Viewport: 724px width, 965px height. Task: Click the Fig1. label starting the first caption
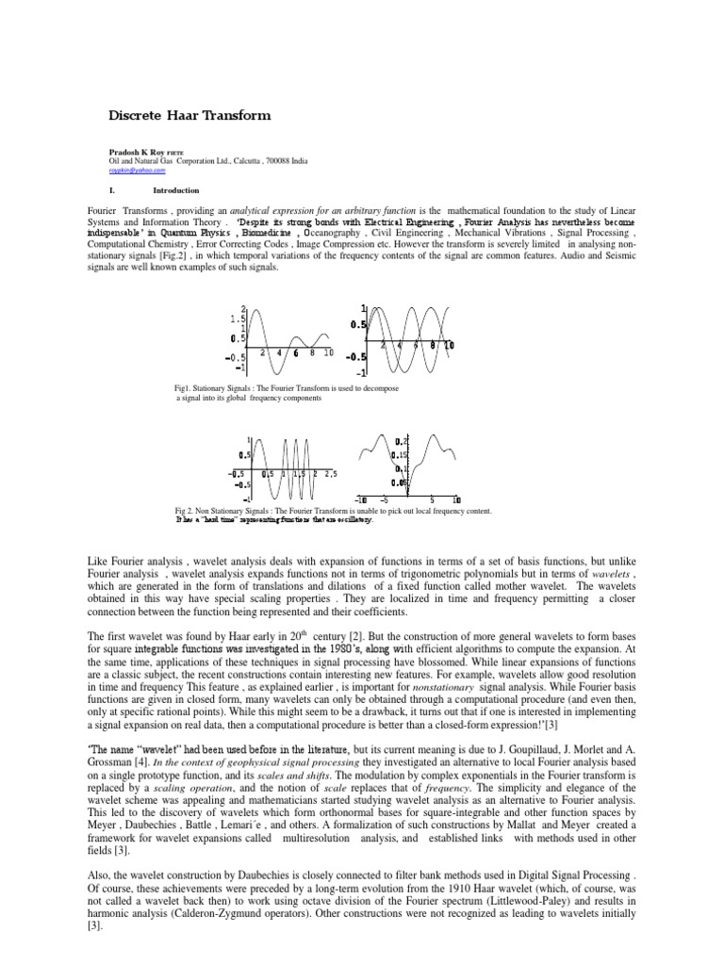[186, 387]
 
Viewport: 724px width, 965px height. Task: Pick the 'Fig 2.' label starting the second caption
[188, 511]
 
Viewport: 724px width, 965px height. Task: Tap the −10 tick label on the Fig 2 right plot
[361, 499]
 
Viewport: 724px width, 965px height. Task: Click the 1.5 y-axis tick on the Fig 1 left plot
[237, 319]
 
